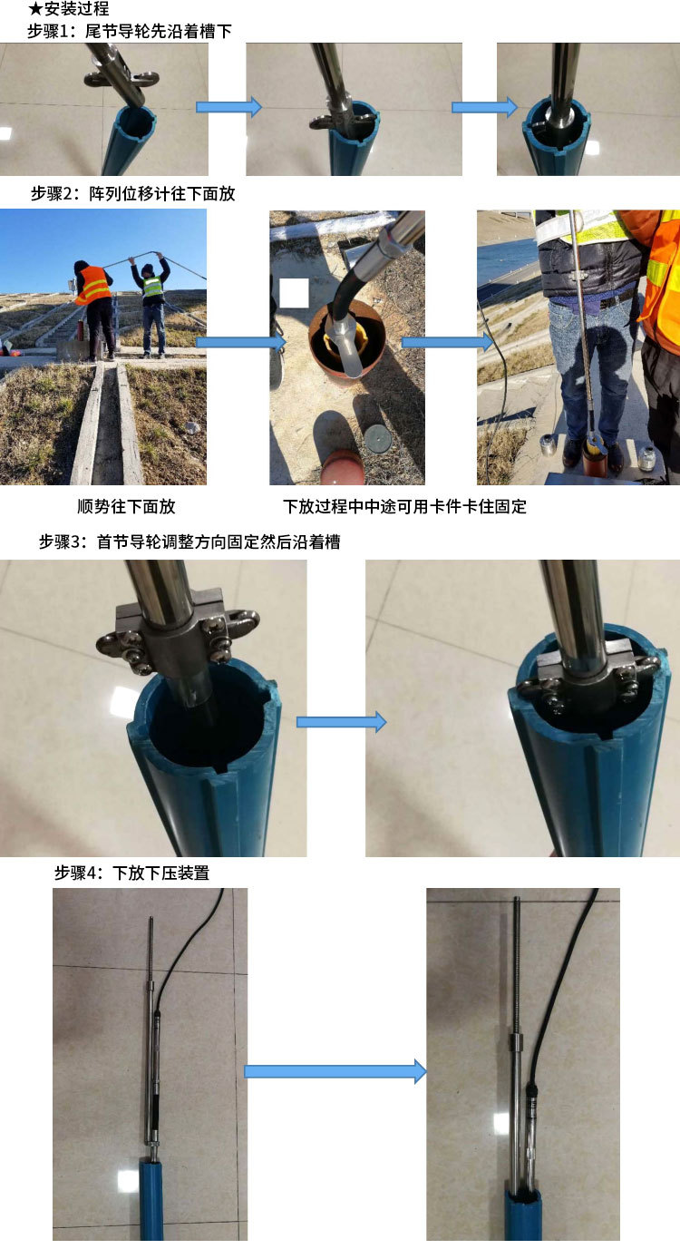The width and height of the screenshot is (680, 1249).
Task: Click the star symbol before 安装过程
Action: coord(34,8)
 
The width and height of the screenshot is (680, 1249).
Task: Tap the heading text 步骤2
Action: coord(54,193)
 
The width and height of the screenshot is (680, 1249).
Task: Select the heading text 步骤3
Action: coord(62,542)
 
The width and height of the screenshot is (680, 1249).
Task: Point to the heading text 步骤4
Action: coord(77,873)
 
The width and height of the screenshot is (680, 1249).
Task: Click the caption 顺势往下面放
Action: coord(127,506)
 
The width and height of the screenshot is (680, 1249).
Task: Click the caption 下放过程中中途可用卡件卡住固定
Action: coord(404,506)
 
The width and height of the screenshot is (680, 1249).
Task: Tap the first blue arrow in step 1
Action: coord(228,106)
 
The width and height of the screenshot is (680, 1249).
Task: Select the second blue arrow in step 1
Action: coord(484,106)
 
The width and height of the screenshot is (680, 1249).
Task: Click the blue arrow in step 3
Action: coord(341,722)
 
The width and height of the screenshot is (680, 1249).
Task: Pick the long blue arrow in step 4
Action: coord(335,1071)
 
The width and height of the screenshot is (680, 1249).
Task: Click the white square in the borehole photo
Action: coord(294,293)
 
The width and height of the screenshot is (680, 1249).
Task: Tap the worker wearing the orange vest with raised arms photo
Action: coord(95,309)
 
